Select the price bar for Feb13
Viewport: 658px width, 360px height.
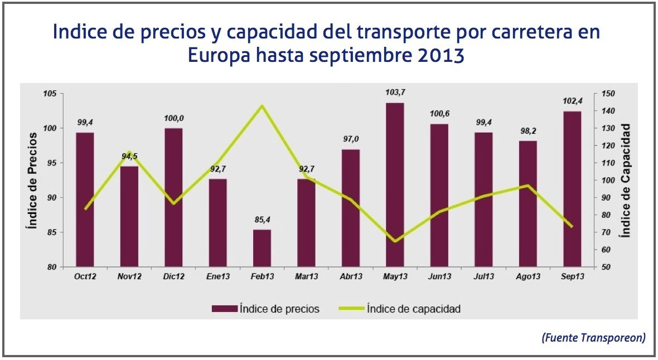(262, 248)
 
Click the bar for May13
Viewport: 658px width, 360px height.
(394, 184)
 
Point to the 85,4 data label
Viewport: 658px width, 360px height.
(262, 220)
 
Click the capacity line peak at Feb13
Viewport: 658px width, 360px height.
(262, 106)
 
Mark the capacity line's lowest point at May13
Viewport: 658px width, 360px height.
(395, 241)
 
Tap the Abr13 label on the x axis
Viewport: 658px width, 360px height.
(350, 277)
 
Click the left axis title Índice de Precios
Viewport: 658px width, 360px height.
(32, 181)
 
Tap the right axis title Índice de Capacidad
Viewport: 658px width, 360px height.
(626, 181)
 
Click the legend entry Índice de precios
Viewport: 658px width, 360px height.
(265, 309)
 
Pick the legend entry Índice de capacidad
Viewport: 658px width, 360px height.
(399, 309)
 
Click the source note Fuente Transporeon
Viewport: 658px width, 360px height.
(593, 338)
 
